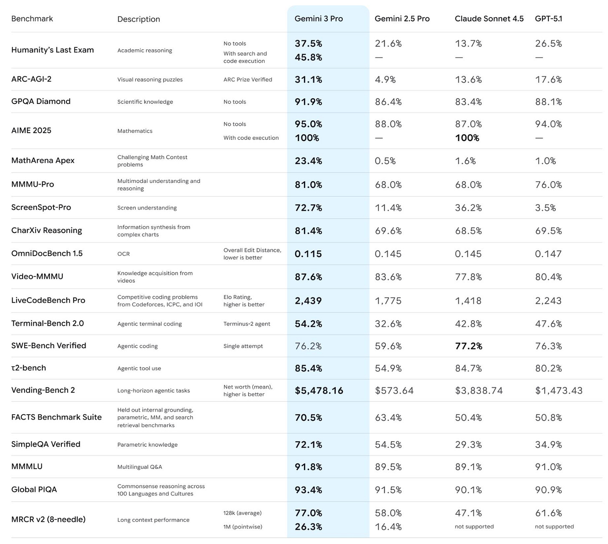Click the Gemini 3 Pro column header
pyautogui.click(x=319, y=19)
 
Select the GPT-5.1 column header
pyautogui.click(x=548, y=19)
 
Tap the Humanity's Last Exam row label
pyautogui.click(x=53, y=50)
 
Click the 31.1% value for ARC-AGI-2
pyautogui.click(x=308, y=80)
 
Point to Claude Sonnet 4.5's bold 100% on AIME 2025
pyautogui.click(x=467, y=138)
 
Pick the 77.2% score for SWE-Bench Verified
pyautogui.click(x=469, y=346)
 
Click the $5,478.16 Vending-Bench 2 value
pyautogui.click(x=319, y=391)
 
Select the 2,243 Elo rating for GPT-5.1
pyautogui.click(x=548, y=301)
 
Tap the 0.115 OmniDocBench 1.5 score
pyautogui.click(x=308, y=254)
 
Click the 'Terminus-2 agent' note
pyautogui.click(x=246, y=324)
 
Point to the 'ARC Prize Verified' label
pyautogui.click(x=248, y=80)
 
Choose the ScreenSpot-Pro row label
pyautogui.click(x=41, y=207)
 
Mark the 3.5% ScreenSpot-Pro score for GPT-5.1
pyautogui.click(x=545, y=208)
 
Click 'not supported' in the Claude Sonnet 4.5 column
pyautogui.click(x=474, y=527)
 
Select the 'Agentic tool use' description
pyautogui.click(x=139, y=369)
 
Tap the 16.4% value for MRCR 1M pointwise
pyautogui.click(x=388, y=527)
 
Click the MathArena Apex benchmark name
pyautogui.click(x=43, y=161)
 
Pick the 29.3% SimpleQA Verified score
pyautogui.click(x=468, y=445)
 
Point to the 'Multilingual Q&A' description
pyautogui.click(x=139, y=467)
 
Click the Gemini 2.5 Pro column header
pyautogui.click(x=402, y=19)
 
